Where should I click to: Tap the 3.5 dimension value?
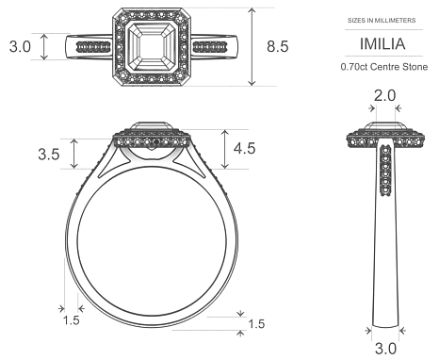[47, 154]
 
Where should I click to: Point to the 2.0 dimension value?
[384, 97]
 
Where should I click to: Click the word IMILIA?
[383, 43]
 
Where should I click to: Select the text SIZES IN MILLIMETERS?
[383, 20]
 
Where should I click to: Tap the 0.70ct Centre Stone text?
[383, 67]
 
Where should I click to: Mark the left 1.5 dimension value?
[71, 320]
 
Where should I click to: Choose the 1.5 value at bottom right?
[255, 325]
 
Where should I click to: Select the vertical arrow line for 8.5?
[252, 46]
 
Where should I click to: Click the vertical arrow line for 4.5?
[223, 148]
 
